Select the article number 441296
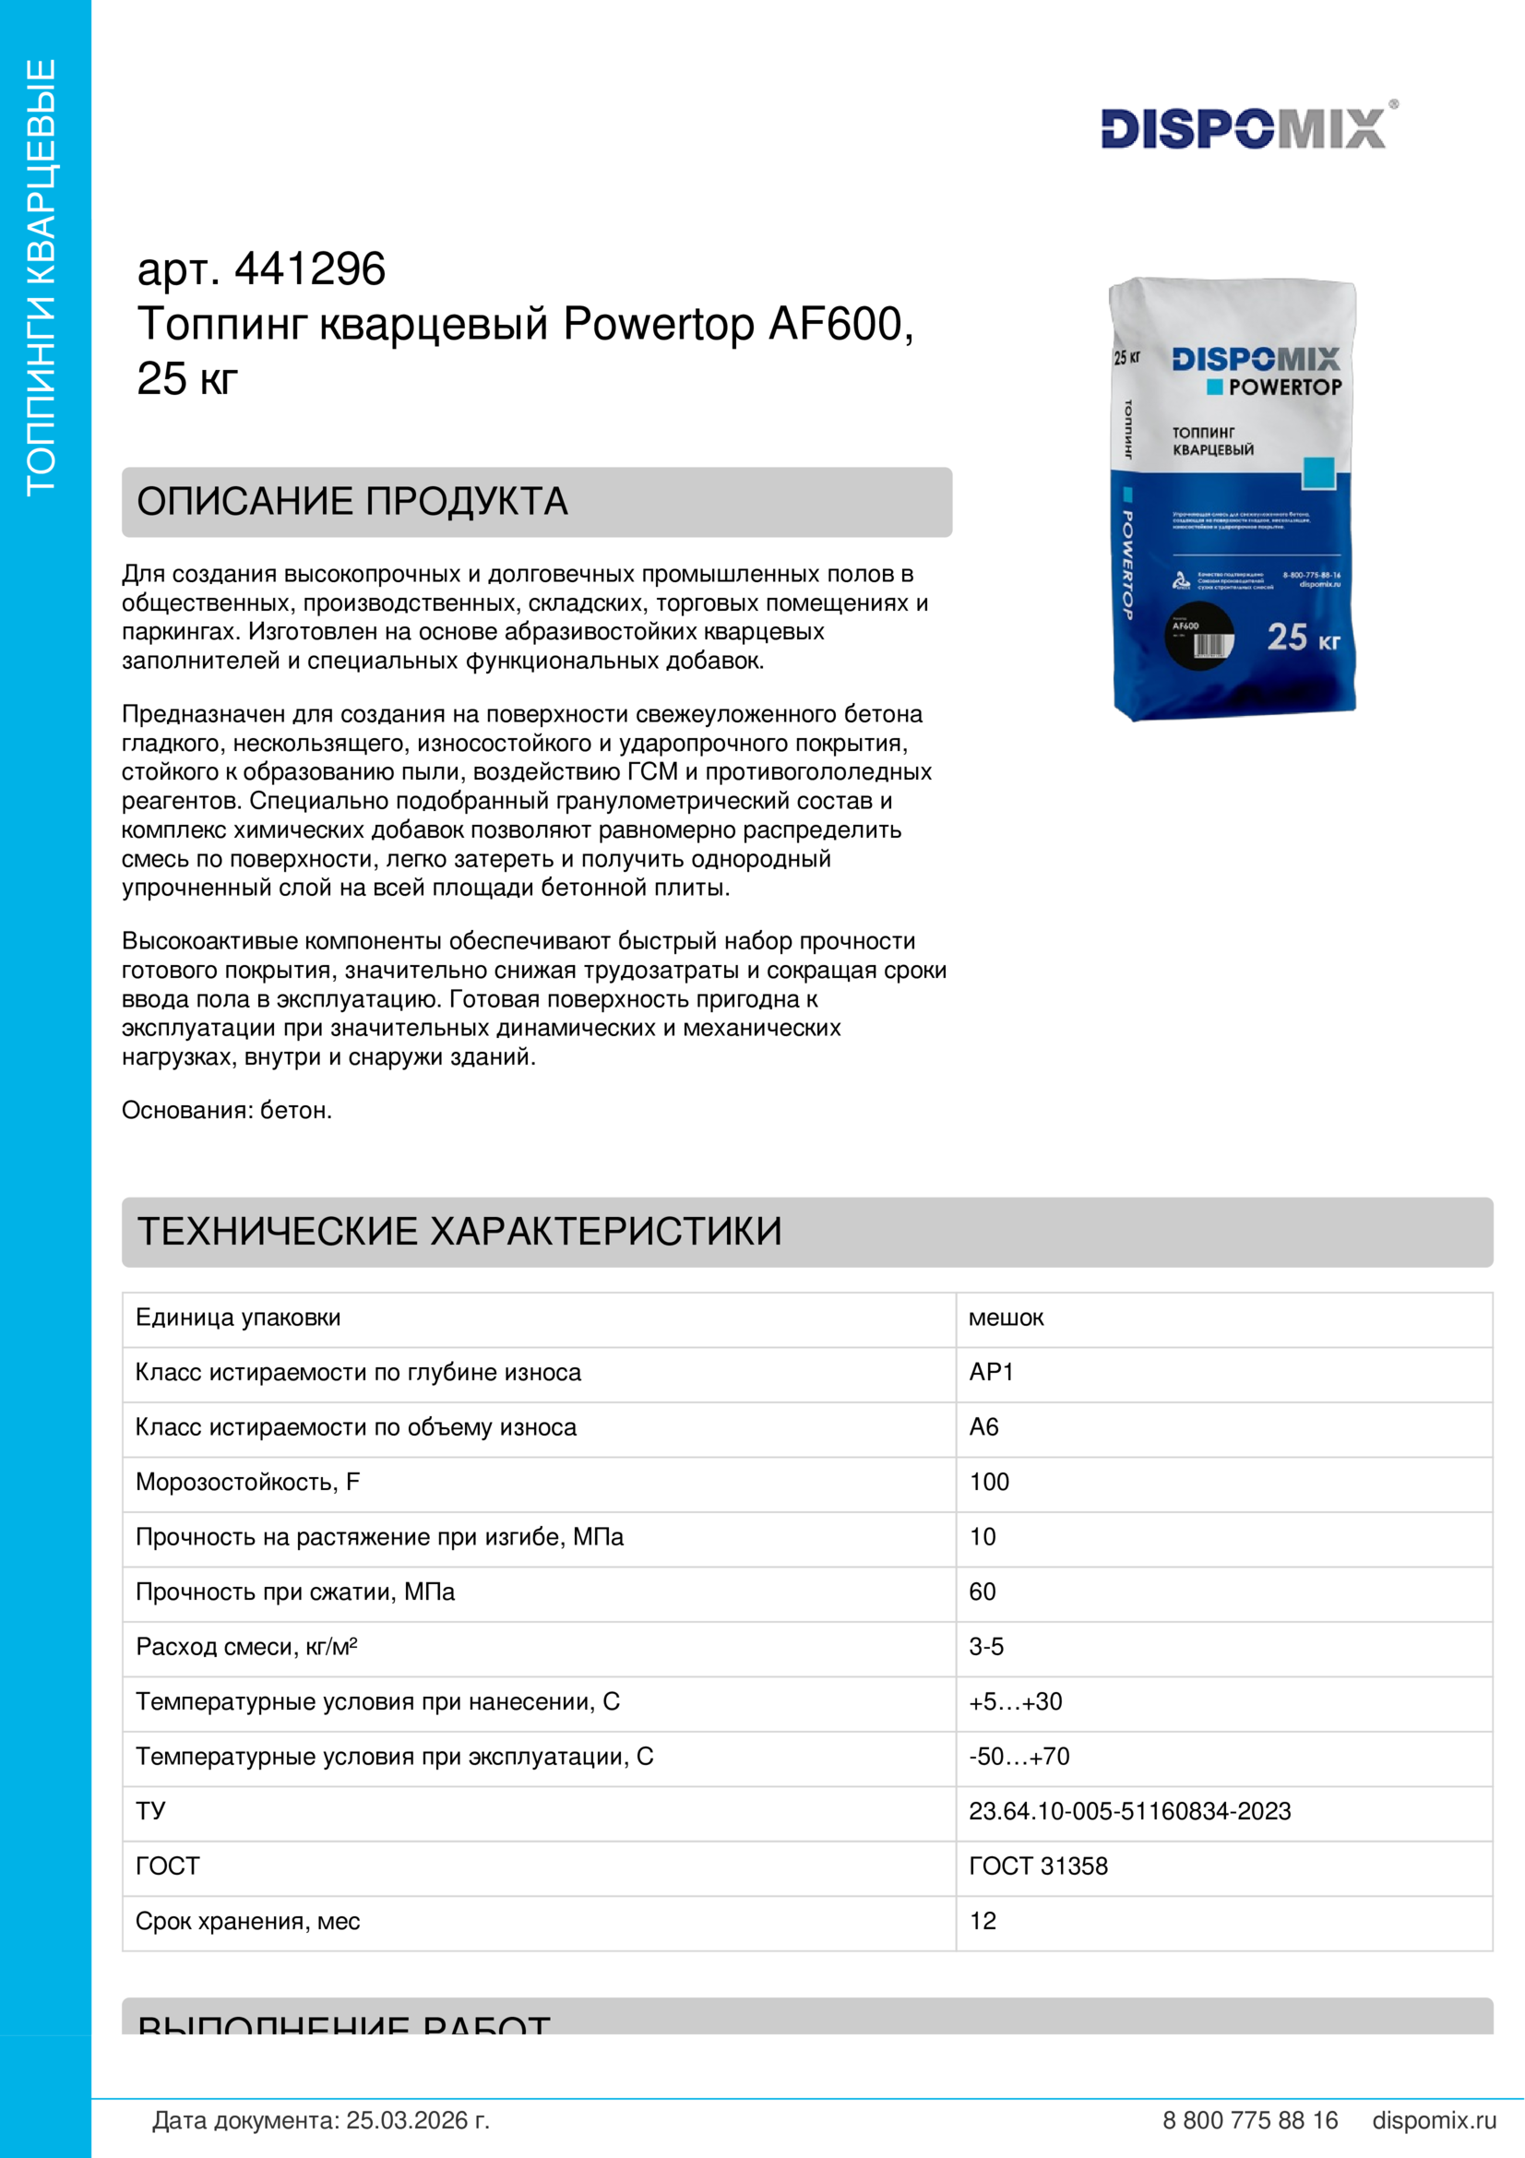pyautogui.click(x=309, y=268)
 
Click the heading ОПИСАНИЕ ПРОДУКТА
pyautogui.click(x=352, y=502)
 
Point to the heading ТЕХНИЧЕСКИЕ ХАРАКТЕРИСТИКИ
pyautogui.click(x=459, y=1232)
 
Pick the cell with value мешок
pyautogui.click(x=1006, y=1317)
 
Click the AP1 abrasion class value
pyautogui.click(x=992, y=1372)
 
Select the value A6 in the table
pyautogui.click(x=983, y=1426)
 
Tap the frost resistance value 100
pyautogui.click(x=989, y=1483)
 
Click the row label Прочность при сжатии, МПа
pyautogui.click(x=295, y=1592)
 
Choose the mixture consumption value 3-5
pyautogui.click(x=986, y=1647)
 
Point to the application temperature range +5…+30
pyautogui.click(x=1016, y=1701)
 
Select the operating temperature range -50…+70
pyautogui.click(x=1019, y=1757)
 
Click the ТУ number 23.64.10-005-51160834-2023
pyautogui.click(x=1129, y=1811)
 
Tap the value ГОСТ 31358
pyautogui.click(x=1038, y=1866)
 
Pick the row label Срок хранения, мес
pyautogui.click(x=248, y=1921)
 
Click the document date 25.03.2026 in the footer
pyautogui.click(x=417, y=2120)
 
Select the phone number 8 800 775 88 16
pyautogui.click(x=1250, y=2120)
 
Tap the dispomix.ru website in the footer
pyautogui.click(x=1434, y=2120)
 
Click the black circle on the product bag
pyautogui.click(x=1199, y=637)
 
